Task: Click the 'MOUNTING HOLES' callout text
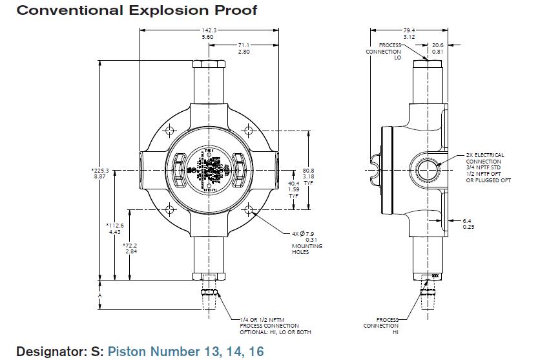(307, 249)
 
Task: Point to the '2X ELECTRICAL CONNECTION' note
(485, 158)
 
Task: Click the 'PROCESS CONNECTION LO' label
(383, 51)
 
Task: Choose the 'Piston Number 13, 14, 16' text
(185, 351)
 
